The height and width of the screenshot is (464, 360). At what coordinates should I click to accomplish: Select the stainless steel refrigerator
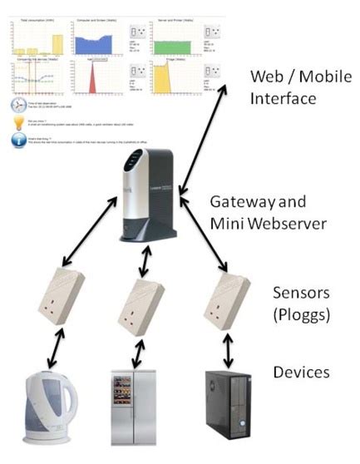[133, 408]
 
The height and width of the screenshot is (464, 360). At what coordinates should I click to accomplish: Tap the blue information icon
[18, 142]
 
